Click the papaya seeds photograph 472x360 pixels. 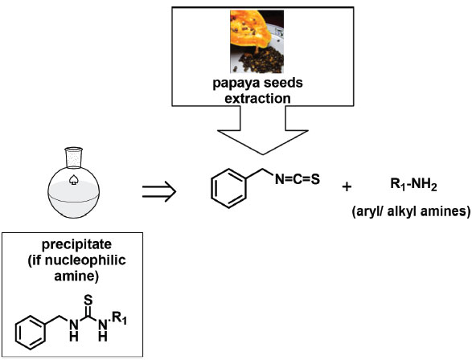tap(257, 42)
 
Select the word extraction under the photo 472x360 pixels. tap(257, 99)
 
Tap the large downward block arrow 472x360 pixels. tap(263, 130)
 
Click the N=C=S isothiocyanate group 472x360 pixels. tap(298, 179)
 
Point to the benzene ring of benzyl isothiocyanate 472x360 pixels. tap(228, 188)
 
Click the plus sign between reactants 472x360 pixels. tap(347, 187)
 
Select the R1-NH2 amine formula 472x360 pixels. tap(413, 184)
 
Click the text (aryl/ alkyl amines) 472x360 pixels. tap(411, 211)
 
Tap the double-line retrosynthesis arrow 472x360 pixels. tap(159, 190)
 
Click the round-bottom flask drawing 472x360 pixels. tap(73, 182)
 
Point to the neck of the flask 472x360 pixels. tap(74, 157)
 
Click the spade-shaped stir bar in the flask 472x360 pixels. tap(73, 179)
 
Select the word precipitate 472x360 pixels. tap(76, 244)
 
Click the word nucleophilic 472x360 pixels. tap(85, 260)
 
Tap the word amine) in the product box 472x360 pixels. tap(76, 276)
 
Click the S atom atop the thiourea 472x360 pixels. tap(88, 300)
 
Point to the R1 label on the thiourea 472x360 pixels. tap(120, 318)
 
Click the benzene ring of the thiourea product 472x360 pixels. tap(31, 333)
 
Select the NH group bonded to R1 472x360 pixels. tap(103, 330)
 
